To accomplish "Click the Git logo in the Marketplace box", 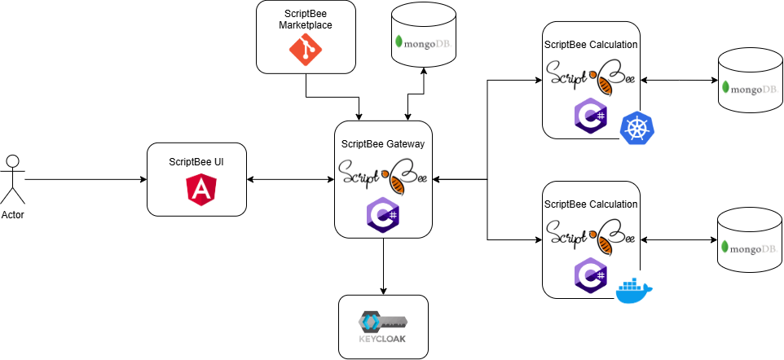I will (306, 50).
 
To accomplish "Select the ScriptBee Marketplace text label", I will (306, 20).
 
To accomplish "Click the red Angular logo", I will (200, 190).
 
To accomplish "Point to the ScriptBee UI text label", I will (196, 162).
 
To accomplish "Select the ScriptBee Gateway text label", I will (383, 143).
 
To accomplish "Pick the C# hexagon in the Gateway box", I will (383, 213).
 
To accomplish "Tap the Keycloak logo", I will (383, 327).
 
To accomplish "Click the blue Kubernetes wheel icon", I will (637, 128).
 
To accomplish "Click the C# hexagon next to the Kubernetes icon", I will (590, 116).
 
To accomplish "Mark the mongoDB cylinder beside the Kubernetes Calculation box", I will (750, 81).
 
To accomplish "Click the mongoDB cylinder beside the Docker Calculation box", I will (750, 240).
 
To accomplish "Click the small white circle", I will (12, 161).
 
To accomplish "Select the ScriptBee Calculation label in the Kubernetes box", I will (591, 45).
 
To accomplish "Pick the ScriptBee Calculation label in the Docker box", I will (591, 204).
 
